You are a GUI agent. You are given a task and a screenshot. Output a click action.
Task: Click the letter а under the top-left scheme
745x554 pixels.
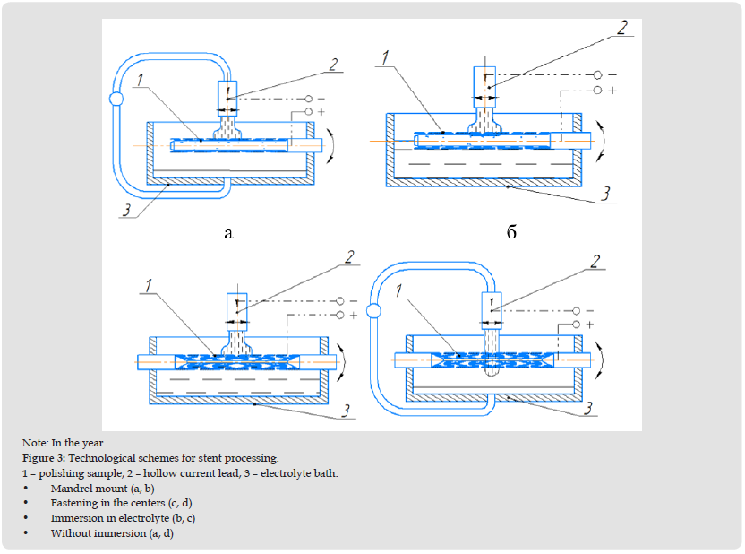click(x=228, y=233)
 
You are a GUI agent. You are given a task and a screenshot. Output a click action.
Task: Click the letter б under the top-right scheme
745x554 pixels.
click(x=512, y=233)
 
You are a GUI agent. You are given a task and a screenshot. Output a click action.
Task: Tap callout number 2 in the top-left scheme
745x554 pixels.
click(x=333, y=65)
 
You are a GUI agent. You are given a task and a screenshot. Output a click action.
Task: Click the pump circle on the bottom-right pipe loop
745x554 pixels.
click(x=375, y=311)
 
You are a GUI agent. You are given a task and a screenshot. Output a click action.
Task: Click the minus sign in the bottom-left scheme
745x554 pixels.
click(x=352, y=302)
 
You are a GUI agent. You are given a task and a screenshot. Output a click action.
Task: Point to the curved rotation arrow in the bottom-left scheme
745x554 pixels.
click(x=349, y=363)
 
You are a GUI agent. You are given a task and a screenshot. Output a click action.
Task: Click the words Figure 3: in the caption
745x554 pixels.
click(x=47, y=458)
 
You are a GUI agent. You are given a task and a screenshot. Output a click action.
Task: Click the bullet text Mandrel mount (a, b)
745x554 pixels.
click(x=102, y=489)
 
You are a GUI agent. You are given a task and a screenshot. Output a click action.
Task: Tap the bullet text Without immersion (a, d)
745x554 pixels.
click(x=111, y=533)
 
